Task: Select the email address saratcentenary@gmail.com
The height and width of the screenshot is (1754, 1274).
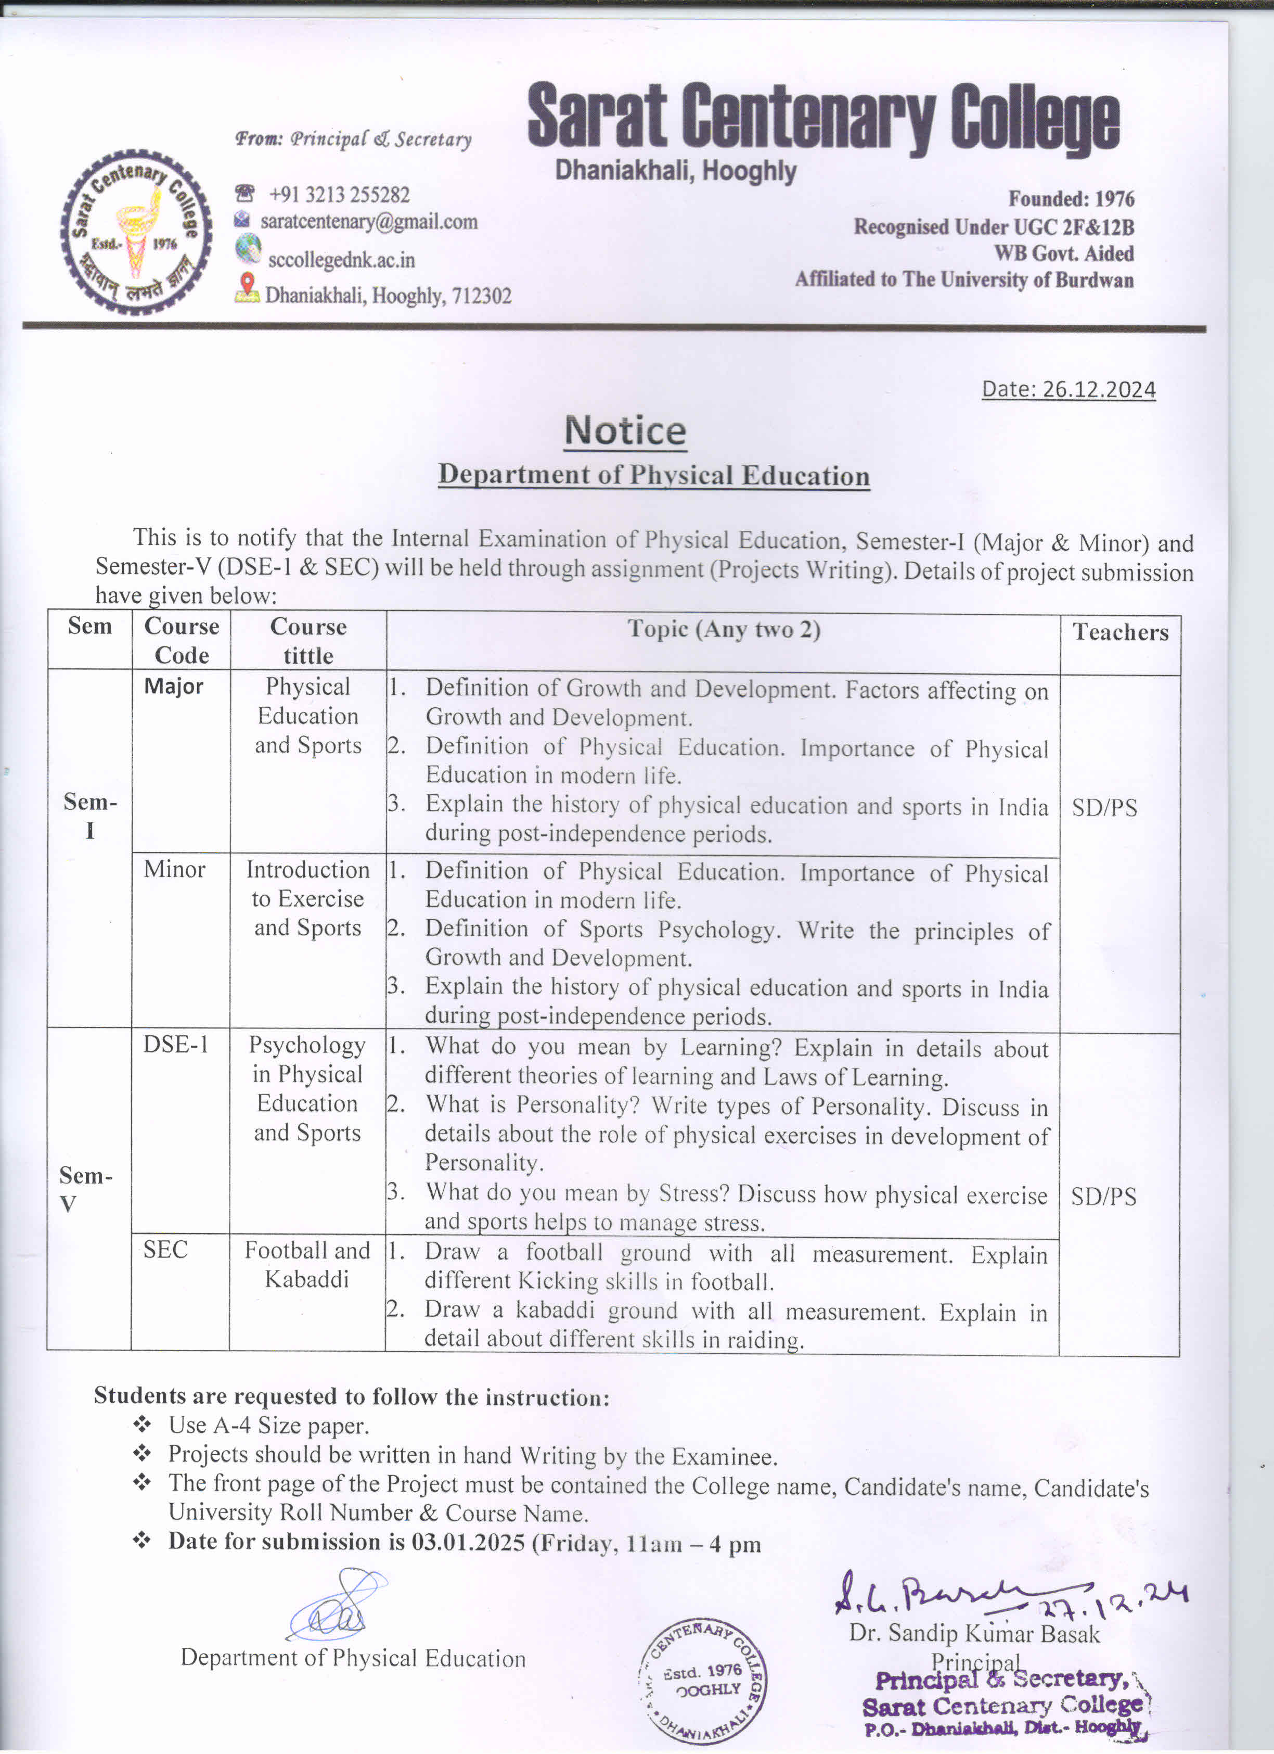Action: click(369, 222)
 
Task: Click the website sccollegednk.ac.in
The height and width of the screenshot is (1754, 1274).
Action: click(341, 260)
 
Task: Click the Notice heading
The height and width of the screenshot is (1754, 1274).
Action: click(625, 431)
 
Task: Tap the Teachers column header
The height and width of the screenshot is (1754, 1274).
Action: click(1119, 632)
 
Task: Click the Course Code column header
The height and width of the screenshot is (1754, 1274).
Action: click(182, 640)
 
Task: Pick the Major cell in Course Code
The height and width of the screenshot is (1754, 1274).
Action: click(173, 686)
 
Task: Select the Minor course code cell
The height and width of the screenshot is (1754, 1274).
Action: click(174, 869)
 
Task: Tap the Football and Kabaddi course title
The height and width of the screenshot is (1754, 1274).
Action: click(307, 1264)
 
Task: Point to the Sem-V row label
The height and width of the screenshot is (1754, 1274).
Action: click(86, 1189)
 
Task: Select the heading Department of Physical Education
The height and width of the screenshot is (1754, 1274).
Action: click(653, 475)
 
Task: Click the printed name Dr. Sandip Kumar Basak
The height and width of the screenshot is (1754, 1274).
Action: click(973, 1633)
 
